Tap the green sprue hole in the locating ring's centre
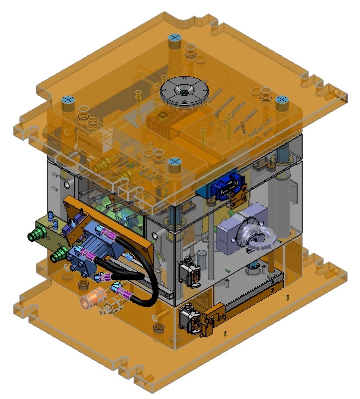(x=185, y=91)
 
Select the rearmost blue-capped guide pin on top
(x=174, y=38)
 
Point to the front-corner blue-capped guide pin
(x=175, y=162)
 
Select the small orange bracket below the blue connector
(x=237, y=198)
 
